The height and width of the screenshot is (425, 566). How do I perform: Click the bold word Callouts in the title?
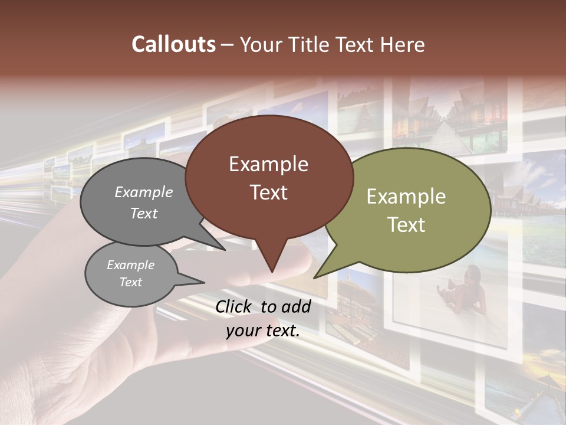click(173, 44)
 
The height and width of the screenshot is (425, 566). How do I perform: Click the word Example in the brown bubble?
click(268, 164)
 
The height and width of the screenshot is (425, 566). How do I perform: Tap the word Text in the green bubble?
click(406, 225)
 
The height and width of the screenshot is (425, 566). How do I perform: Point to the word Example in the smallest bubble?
click(130, 265)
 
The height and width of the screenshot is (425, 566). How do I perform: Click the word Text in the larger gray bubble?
click(144, 214)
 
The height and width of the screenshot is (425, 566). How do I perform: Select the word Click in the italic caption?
click(235, 306)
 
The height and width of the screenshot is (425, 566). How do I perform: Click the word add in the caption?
click(295, 306)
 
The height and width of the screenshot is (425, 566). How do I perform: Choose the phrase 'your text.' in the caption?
click(263, 331)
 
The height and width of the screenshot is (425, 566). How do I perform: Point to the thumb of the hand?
click(289, 260)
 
